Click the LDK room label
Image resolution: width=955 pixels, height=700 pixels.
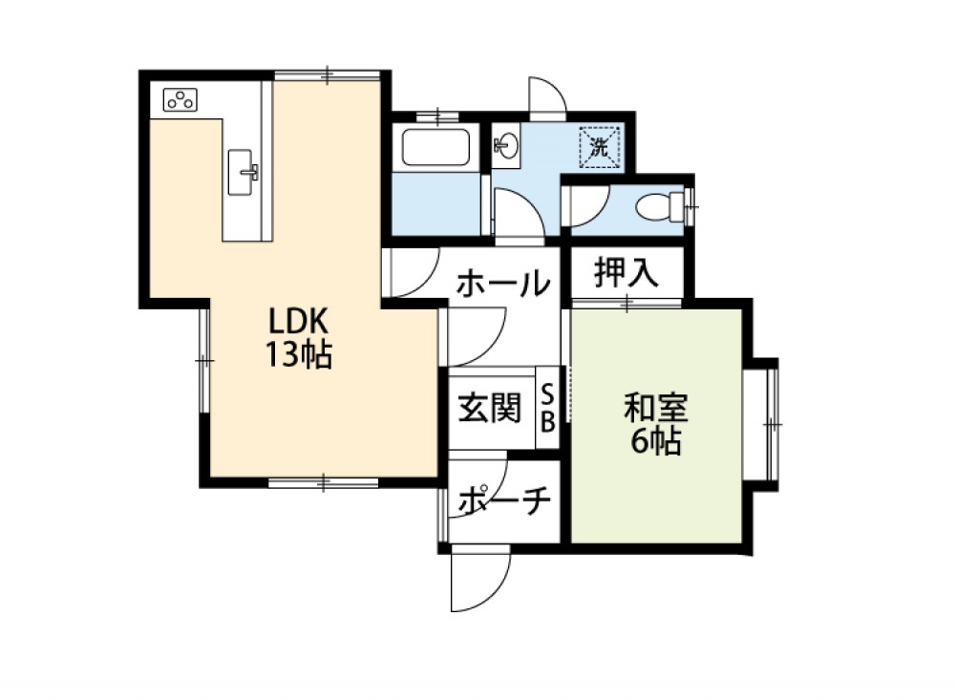[x=298, y=321]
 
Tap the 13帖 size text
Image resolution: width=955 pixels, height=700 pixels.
[x=298, y=354]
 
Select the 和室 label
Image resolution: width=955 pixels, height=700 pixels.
[x=655, y=409]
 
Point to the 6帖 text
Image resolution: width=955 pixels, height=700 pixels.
[x=655, y=441]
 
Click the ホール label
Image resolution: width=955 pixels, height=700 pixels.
[x=503, y=284]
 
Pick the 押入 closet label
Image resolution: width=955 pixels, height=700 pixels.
[x=626, y=272]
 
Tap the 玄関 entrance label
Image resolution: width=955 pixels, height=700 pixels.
[x=490, y=408]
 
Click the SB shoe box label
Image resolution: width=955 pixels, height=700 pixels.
[x=547, y=408]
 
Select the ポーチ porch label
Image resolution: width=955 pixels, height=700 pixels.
[x=504, y=500]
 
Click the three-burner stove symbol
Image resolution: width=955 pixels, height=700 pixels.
[x=180, y=100]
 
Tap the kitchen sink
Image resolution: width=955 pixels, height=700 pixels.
[x=242, y=173]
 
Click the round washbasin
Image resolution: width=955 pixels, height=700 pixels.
[x=507, y=145]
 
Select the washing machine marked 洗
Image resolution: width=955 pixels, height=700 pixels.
[x=600, y=146]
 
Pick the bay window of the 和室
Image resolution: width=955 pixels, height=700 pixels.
[x=766, y=424]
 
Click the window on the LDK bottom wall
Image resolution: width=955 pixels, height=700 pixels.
[x=324, y=483]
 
